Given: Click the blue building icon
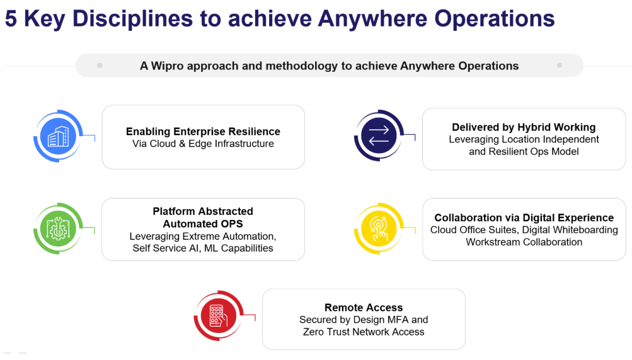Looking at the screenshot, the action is click(58, 136).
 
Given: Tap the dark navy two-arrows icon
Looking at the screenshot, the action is click(379, 136).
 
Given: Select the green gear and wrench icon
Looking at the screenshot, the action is click(58, 229).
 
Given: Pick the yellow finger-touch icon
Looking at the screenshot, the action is click(379, 229).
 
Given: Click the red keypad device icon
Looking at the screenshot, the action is click(219, 316).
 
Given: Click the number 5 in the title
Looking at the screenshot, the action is click(11, 18).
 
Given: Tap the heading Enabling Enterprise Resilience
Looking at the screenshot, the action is click(203, 131).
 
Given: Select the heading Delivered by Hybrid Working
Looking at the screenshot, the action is click(524, 127).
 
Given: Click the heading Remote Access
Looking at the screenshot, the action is click(364, 308).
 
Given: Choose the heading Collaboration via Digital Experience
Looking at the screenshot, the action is click(524, 218).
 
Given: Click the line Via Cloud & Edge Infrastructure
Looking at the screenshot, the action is click(203, 144).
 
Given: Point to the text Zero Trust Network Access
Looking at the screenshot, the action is click(364, 332).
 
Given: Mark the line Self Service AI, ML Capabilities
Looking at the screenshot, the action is click(203, 248).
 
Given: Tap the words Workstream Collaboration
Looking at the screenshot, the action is click(524, 242).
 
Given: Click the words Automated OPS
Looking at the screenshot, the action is click(203, 224).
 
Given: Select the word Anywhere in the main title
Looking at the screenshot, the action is click(372, 18).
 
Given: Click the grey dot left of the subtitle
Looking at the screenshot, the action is click(100, 66).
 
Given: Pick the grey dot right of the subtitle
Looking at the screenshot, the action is click(560, 66).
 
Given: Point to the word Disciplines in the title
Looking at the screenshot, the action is click(132, 18).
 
